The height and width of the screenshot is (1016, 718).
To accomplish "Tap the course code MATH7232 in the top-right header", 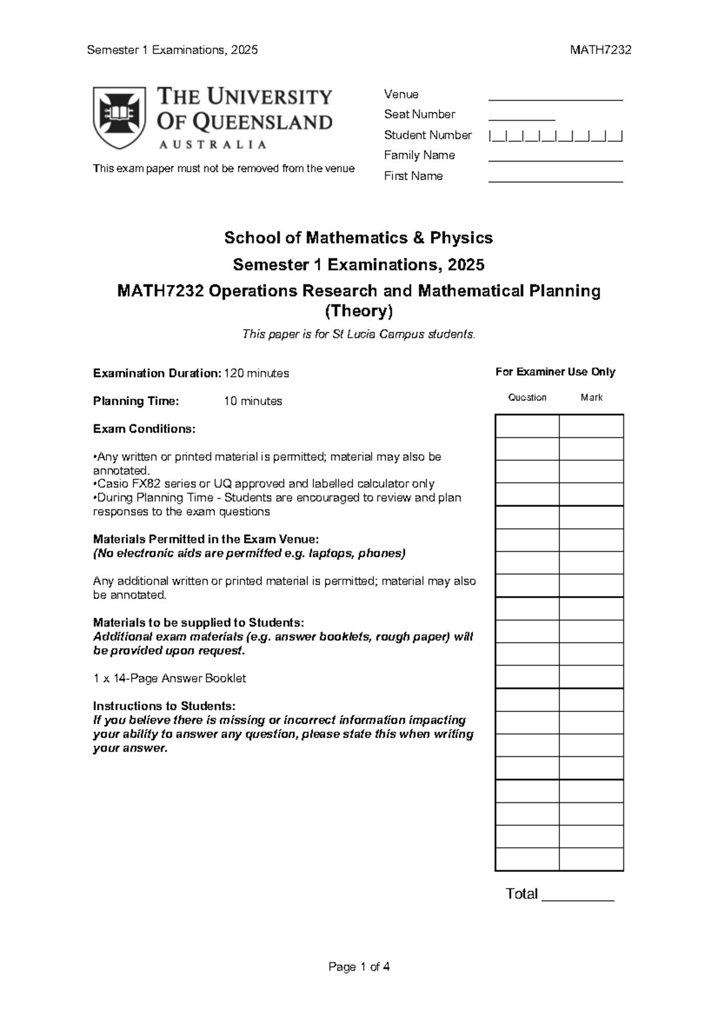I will [x=600, y=50].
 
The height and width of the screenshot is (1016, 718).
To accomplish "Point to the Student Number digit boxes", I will [x=556, y=136].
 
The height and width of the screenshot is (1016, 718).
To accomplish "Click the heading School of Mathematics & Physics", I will [x=358, y=238].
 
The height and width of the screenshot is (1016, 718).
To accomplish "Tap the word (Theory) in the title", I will [x=358, y=311].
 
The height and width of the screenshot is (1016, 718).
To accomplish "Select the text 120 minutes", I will [x=256, y=373].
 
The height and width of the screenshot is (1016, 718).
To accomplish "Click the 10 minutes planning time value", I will [x=252, y=401].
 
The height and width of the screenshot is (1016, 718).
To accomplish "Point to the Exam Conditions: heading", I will [x=144, y=429].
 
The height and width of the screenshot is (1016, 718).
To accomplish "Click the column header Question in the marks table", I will [x=527, y=397].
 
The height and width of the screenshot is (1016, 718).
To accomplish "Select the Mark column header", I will [x=591, y=397].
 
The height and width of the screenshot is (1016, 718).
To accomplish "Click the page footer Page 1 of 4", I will [x=359, y=967].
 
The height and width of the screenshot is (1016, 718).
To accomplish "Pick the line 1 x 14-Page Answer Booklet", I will [x=169, y=679].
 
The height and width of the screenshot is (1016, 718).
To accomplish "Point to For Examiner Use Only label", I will [x=555, y=372].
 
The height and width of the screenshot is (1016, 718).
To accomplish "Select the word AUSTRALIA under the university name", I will [x=212, y=144].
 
